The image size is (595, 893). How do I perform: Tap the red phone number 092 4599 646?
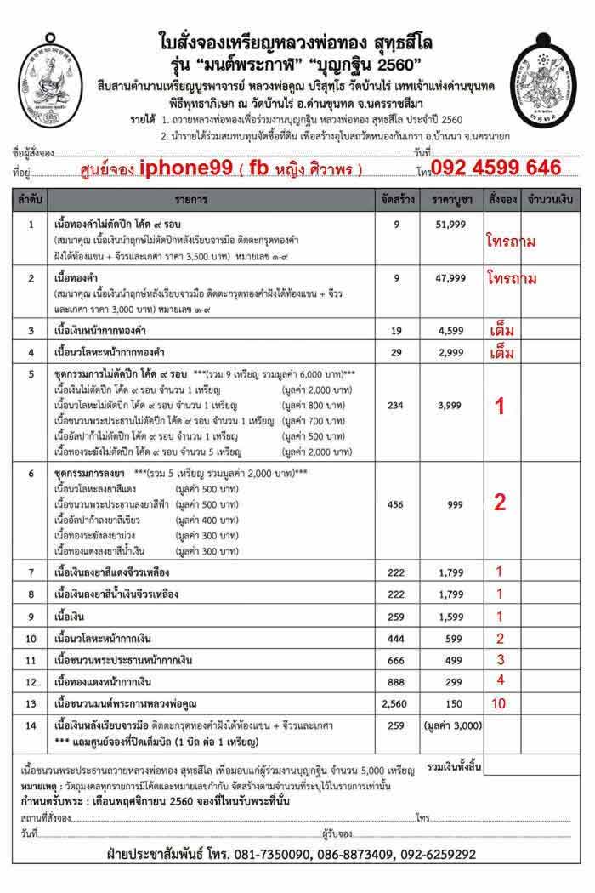(x=496, y=168)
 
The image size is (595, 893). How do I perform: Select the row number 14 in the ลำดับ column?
(x=31, y=725)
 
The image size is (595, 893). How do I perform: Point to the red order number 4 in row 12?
(x=500, y=680)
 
